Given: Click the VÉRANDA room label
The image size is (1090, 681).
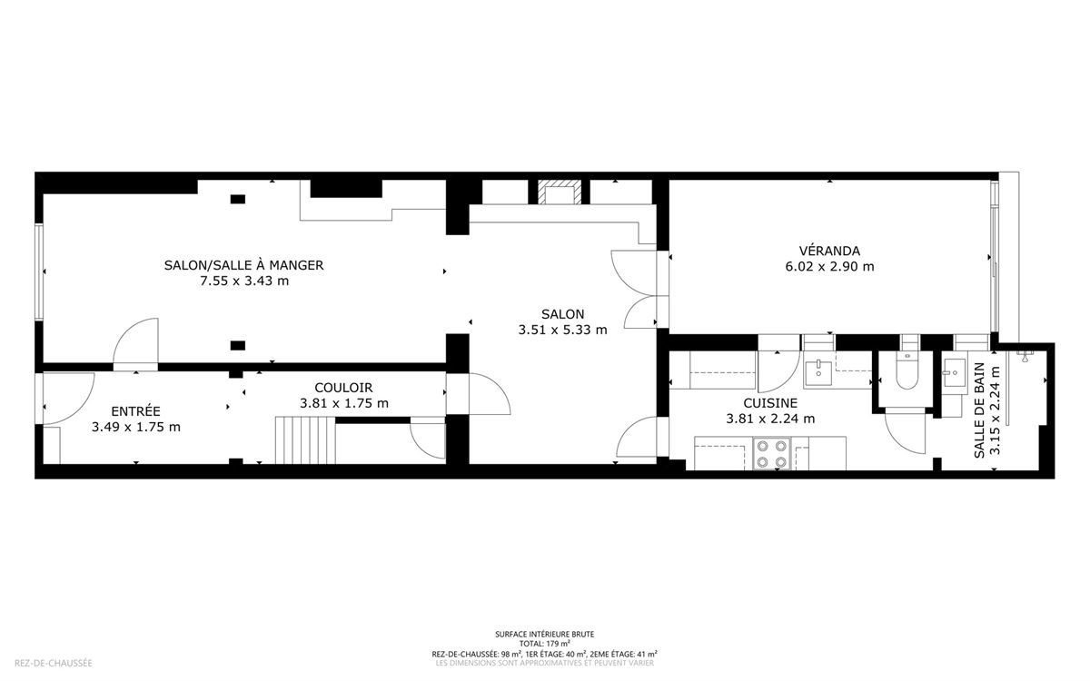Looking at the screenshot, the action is (829, 251).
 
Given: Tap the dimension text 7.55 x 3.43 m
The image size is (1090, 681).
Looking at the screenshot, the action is (244, 281).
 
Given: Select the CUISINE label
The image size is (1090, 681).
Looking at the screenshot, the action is (770, 403).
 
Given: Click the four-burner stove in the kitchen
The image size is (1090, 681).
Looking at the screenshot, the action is (772, 454).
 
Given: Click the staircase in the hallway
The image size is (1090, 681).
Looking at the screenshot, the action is (305, 440).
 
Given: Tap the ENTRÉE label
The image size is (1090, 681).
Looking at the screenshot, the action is (135, 411).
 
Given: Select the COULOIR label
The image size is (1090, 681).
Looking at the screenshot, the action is (343, 389).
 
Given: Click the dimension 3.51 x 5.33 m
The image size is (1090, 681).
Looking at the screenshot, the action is (562, 330).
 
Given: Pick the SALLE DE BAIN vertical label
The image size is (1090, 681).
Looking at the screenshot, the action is (979, 410).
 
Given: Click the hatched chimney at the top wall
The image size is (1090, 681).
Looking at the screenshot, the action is (560, 192).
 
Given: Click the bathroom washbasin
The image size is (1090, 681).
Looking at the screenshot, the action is (955, 372).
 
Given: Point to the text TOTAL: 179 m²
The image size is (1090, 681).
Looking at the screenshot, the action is (544, 644).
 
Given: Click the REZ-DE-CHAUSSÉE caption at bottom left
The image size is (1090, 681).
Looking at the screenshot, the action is (53, 663).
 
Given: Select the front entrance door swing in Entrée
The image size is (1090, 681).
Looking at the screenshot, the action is (69, 399).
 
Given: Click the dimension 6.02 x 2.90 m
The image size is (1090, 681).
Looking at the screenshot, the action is (829, 267).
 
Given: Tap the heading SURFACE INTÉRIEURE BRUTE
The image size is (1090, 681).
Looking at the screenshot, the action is (544, 635).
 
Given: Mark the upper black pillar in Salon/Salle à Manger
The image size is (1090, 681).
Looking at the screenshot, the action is (237, 200).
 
